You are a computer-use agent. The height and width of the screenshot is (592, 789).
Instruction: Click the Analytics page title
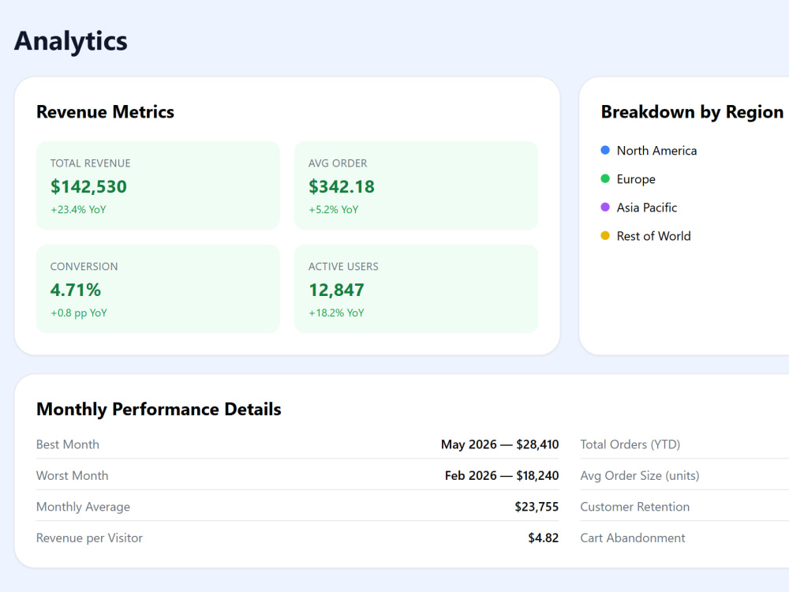[70, 42]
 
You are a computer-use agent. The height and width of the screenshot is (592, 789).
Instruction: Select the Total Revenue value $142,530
[88, 187]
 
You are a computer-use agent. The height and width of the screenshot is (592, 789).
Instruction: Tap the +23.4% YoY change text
[78, 209]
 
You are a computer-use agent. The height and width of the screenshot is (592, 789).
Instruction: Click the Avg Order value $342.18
[342, 187]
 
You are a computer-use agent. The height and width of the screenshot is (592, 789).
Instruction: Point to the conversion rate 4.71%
[76, 290]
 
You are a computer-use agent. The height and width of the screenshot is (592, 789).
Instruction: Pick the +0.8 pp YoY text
[79, 313]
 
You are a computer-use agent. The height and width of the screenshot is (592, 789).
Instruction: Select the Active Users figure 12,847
[336, 290]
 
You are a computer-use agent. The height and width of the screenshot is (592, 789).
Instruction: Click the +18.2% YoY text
[336, 313]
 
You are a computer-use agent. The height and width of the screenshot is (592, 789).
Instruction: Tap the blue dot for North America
[605, 150]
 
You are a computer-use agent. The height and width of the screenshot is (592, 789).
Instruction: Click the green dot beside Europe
[605, 178]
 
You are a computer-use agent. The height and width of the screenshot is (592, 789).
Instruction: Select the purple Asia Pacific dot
[605, 207]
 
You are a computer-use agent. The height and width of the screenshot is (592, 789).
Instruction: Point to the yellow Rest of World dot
[605, 235]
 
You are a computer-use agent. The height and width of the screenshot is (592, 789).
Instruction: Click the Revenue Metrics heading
[105, 112]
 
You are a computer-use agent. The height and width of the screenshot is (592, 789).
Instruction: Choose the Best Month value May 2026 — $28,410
[499, 444]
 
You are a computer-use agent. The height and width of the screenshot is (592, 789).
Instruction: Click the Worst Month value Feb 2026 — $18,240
[502, 476]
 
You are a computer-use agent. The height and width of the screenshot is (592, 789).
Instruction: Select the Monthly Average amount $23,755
[537, 507]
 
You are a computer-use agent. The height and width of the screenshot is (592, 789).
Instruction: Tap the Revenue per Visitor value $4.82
[544, 538]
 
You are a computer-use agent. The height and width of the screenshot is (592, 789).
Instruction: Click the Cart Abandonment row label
[633, 538]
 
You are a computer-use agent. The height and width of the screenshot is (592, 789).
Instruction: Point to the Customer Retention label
[635, 507]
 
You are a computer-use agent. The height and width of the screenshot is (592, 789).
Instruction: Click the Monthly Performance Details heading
[159, 409]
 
